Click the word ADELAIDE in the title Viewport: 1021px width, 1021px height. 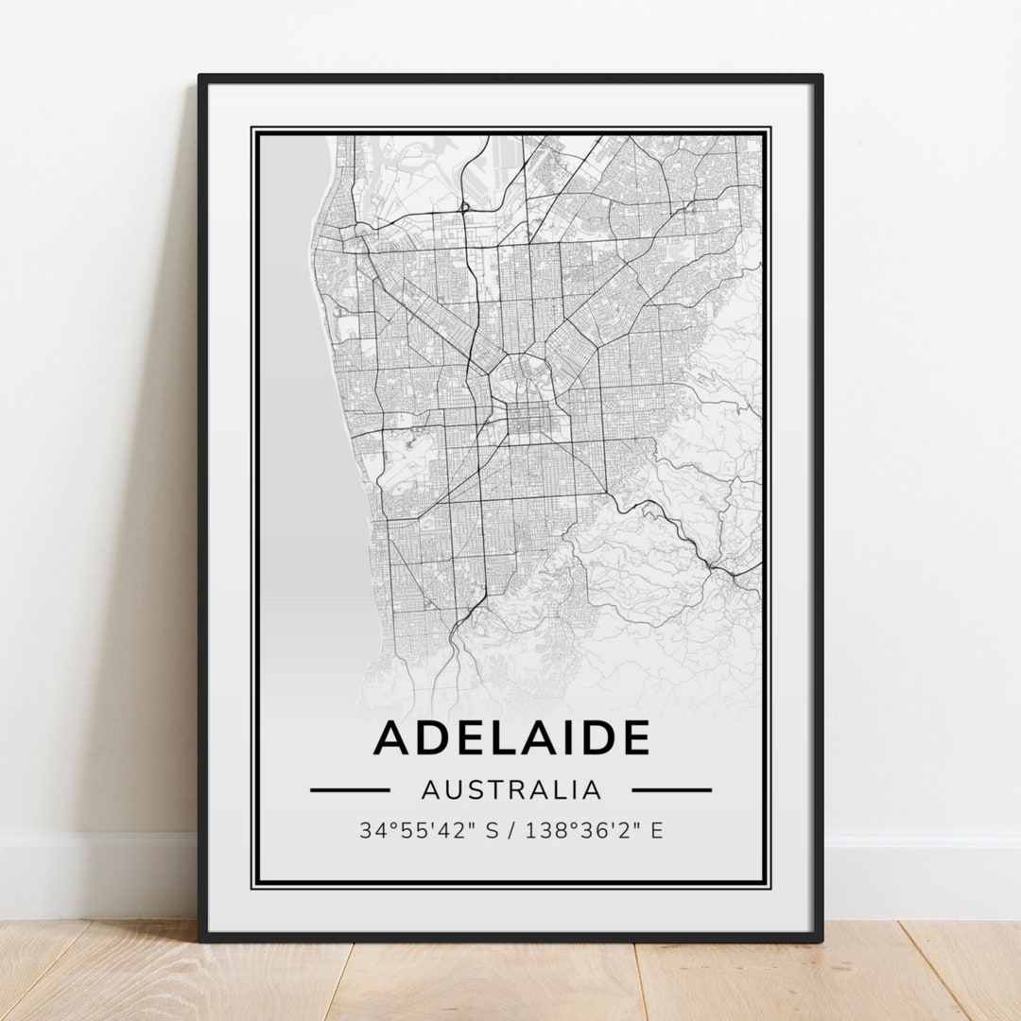click(511, 738)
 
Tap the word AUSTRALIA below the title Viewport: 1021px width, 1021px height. click(511, 789)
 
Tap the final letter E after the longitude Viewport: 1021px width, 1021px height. click(656, 831)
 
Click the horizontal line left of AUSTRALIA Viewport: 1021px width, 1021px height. click(350, 789)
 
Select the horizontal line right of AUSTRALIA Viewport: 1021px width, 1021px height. click(671, 789)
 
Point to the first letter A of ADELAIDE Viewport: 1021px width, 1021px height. click(392, 738)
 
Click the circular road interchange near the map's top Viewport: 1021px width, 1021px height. click(464, 207)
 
